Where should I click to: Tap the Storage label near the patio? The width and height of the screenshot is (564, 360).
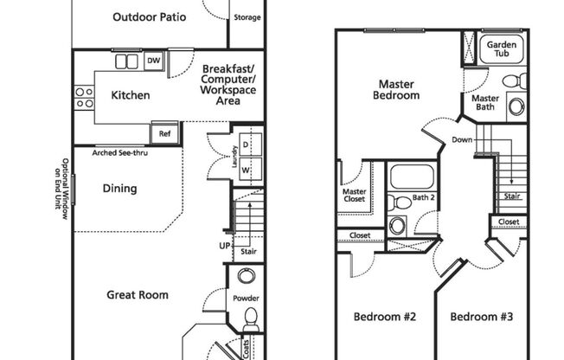point(245,17)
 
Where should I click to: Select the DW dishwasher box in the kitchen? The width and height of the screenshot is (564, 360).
point(153,61)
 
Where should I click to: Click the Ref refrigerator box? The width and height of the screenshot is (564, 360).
point(164,133)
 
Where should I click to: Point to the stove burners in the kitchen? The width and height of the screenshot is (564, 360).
point(84,97)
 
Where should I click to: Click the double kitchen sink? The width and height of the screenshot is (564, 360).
point(127,61)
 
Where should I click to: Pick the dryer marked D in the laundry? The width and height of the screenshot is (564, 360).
point(246,144)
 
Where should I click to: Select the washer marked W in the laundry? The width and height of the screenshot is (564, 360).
point(246,170)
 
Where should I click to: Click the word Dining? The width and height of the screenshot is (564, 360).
point(119,189)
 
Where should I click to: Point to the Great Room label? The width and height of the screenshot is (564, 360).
point(138,295)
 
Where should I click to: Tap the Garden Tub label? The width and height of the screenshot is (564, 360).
point(502,48)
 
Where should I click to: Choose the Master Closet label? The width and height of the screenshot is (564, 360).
point(355,196)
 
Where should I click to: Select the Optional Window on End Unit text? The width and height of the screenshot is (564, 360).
point(65,188)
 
